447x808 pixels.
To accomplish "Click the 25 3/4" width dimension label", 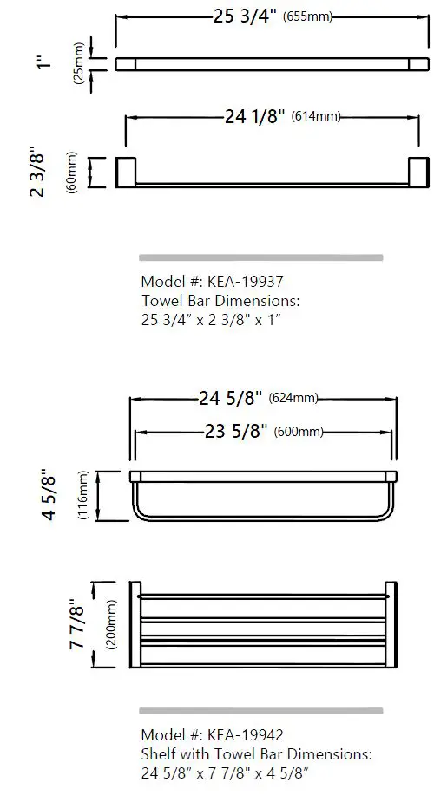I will (x=245, y=16).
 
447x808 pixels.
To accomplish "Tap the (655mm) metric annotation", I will (x=308, y=16).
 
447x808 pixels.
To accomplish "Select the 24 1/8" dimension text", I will (x=254, y=116).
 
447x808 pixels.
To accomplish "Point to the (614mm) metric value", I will (x=316, y=117).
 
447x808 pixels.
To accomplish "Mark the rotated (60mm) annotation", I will (x=72, y=172).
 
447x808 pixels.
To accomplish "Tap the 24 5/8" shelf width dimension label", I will (x=231, y=399).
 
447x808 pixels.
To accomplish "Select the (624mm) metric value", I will (x=293, y=399).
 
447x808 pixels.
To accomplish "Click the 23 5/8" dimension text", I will (x=235, y=432).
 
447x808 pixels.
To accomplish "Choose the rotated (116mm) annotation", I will (x=83, y=495).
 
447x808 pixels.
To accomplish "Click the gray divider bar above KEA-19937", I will (x=260, y=257).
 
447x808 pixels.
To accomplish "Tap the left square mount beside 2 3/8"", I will (x=127, y=172).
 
